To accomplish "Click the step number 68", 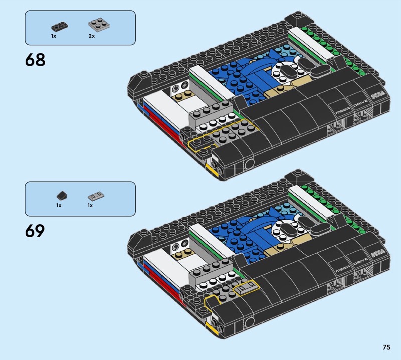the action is click(35, 60).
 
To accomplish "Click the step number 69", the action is click(35, 231).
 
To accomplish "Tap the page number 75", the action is click(386, 347).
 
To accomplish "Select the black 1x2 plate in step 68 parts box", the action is click(60, 27).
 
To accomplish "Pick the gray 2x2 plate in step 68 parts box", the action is click(99, 24).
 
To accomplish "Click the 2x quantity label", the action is click(92, 36).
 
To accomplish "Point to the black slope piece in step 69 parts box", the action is click(62, 196).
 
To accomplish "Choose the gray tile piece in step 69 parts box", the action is click(96, 196).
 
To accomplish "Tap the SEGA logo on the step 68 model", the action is click(378, 96).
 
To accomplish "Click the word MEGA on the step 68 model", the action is click(343, 111).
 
